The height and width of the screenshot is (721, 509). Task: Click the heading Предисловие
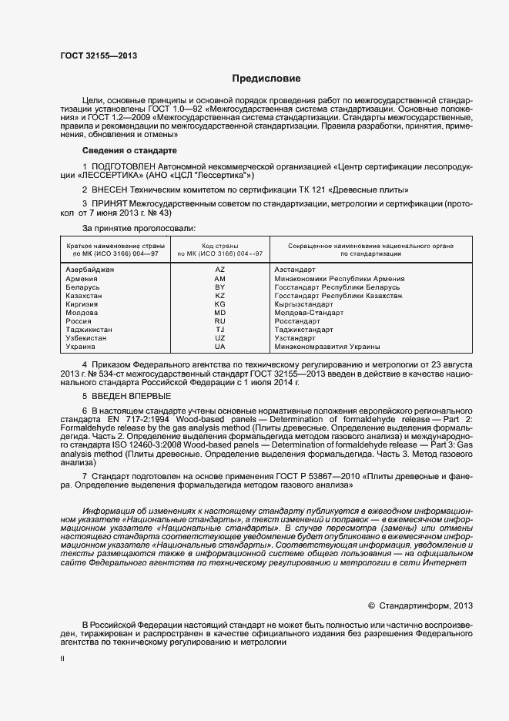267,79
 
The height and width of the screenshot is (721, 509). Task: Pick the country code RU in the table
220,321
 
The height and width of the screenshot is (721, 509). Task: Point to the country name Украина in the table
82,347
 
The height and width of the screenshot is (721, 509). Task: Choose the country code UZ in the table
220,338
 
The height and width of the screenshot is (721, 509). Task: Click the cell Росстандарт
299,321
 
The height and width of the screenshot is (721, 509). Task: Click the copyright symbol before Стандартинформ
372,605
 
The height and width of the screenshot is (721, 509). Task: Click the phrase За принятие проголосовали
139,228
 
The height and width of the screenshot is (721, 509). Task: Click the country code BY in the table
220,287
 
